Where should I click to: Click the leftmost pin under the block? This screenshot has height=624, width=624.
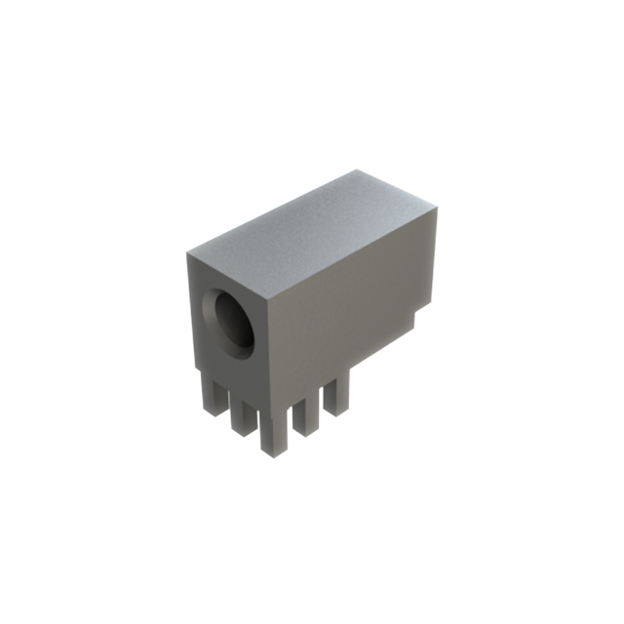(214, 395)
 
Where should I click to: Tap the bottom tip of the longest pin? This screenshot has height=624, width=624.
(273, 454)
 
